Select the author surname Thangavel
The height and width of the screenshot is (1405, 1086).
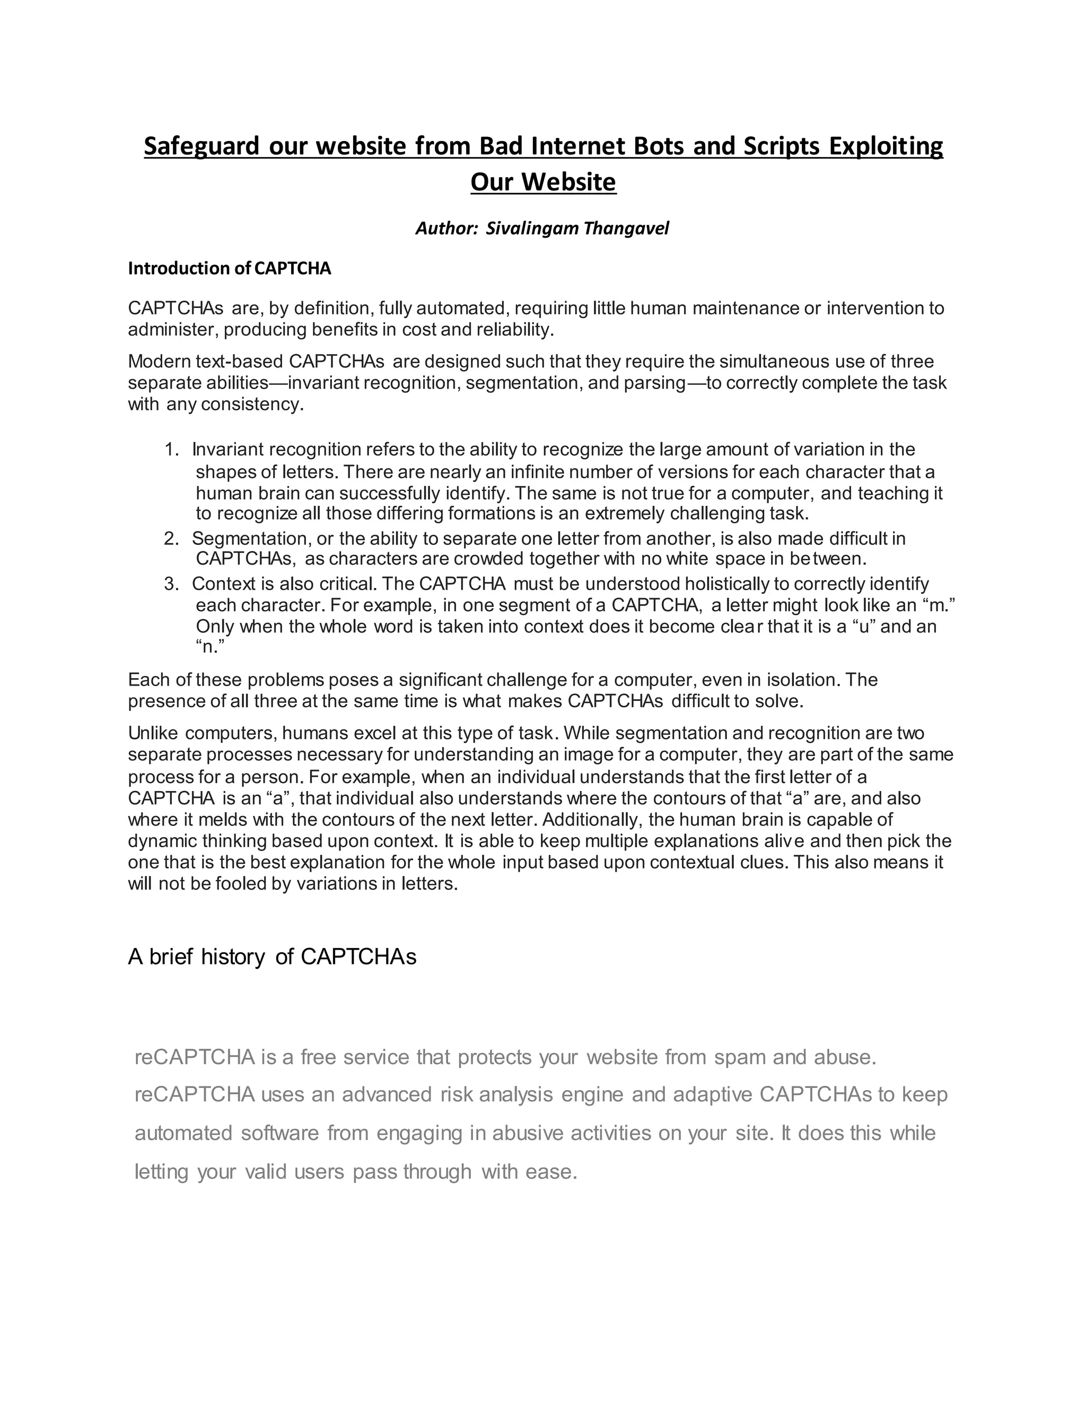[626, 229]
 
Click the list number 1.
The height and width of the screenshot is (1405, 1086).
[171, 449]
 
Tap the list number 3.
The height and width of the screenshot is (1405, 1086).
[171, 584]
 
